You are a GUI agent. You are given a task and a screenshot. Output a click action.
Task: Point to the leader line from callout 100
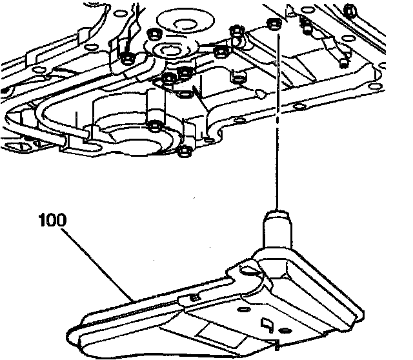tap(97, 265)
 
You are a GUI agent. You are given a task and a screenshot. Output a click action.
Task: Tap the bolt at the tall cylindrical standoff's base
tap(155, 126)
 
